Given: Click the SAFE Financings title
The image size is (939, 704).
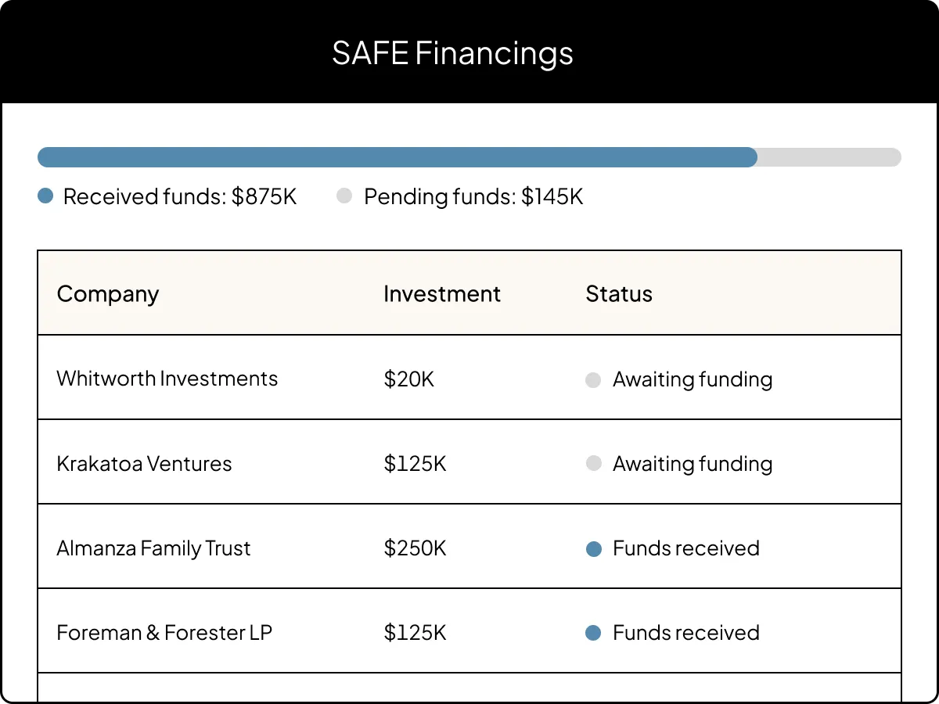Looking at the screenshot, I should pyautogui.click(x=452, y=53).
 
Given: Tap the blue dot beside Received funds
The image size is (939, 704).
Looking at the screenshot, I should pyautogui.click(x=45, y=196).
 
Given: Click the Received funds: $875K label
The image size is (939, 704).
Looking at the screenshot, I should pyautogui.click(x=180, y=196).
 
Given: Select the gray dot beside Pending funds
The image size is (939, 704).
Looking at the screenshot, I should pyautogui.click(x=344, y=196).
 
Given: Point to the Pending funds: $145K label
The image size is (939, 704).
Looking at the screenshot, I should pyautogui.click(x=473, y=196).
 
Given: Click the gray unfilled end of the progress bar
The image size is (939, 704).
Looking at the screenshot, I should pyautogui.click(x=829, y=157).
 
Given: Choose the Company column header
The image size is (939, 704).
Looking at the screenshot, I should pyautogui.click(x=108, y=294).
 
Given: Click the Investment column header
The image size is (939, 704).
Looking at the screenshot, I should pyautogui.click(x=442, y=294).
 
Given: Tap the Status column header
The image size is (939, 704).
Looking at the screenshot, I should pyautogui.click(x=619, y=294).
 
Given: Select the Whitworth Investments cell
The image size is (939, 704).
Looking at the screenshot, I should pyautogui.click(x=167, y=379).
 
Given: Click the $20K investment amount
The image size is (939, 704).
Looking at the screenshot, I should pyautogui.click(x=408, y=379).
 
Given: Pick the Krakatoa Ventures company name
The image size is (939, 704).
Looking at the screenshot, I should pyautogui.click(x=144, y=464).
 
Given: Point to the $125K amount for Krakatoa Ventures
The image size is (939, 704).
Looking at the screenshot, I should pyautogui.click(x=415, y=464).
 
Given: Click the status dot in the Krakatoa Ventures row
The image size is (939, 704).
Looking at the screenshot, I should pyautogui.click(x=593, y=464).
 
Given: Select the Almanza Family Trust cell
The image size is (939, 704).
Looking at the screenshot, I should pyautogui.click(x=153, y=548).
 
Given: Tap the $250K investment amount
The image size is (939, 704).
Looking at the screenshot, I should pyautogui.click(x=415, y=548).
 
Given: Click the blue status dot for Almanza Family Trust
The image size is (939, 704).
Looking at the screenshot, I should pyautogui.click(x=593, y=549).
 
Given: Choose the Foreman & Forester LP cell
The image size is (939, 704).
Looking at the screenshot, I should pyautogui.click(x=164, y=633).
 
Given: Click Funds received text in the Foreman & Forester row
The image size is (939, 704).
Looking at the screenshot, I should pyautogui.click(x=686, y=633).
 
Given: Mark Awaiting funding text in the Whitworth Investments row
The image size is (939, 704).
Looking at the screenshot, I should pyautogui.click(x=693, y=379).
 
